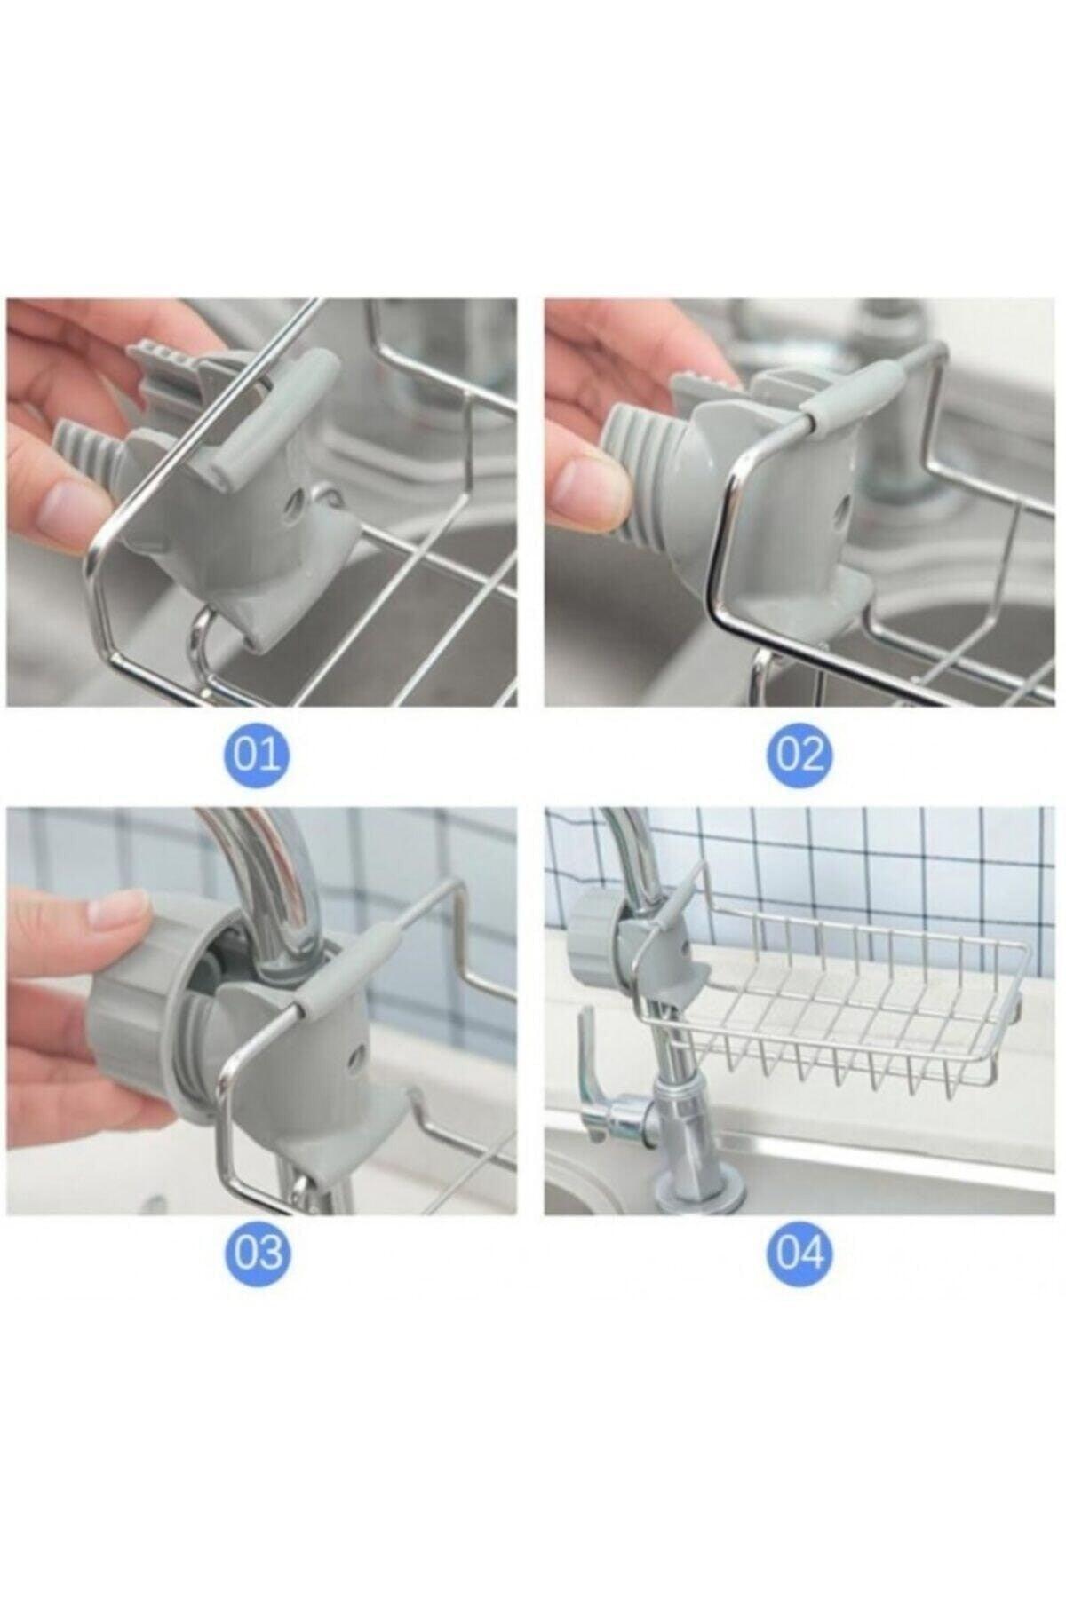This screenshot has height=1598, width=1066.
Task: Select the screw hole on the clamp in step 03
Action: coord(357,1055)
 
